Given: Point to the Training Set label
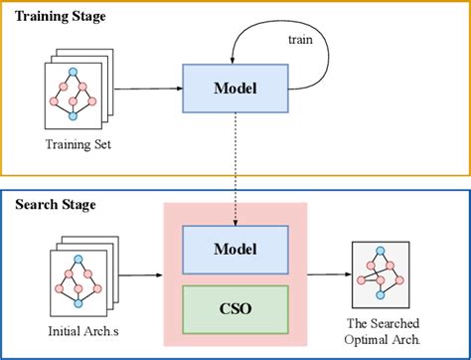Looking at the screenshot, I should (77, 145).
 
